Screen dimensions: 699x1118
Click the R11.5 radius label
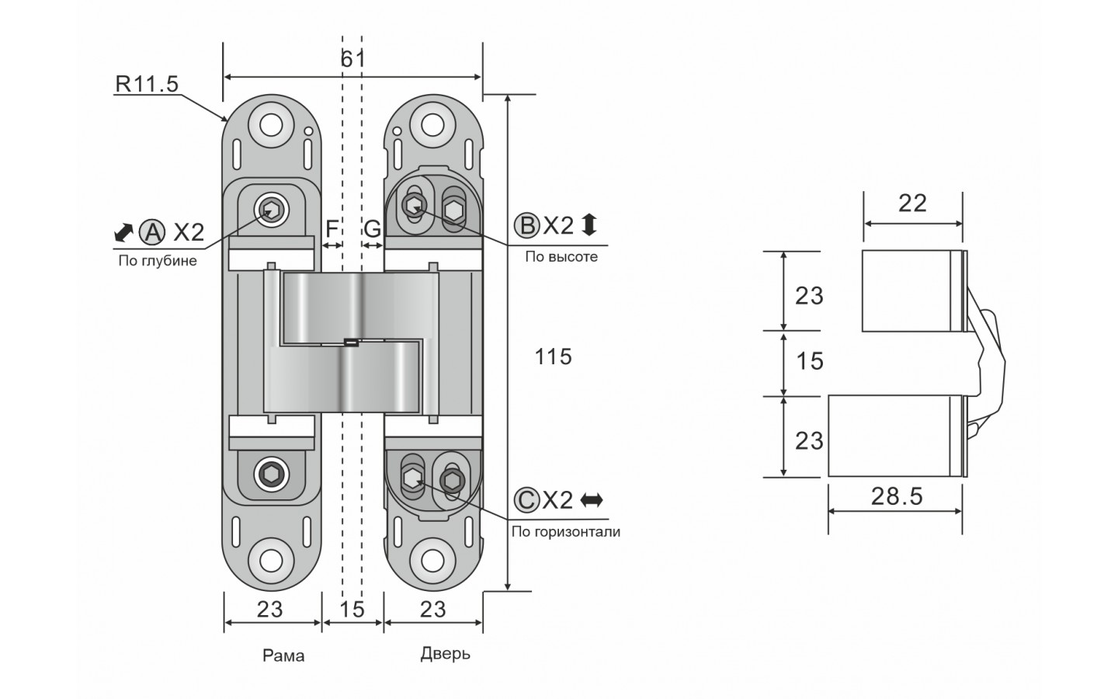coord(147,84)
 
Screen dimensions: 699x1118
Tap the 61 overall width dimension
coord(352,59)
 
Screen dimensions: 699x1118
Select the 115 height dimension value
coord(554,356)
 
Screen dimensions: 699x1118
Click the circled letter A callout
coord(153,231)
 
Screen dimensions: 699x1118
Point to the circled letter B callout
coord(526,225)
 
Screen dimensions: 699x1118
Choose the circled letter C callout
coord(527,499)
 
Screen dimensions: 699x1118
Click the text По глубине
coord(158,260)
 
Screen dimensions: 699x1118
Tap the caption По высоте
coord(561,256)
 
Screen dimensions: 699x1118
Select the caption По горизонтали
coord(565,532)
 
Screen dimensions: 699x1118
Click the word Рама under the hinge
coord(283,656)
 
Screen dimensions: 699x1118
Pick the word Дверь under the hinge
coord(446,653)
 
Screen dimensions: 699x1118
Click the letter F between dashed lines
coord(332,228)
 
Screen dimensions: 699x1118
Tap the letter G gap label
coord(373,228)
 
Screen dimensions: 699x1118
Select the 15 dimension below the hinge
coord(352,609)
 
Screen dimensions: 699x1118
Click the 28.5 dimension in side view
coord(897,496)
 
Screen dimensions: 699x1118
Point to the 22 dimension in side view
coord(912,203)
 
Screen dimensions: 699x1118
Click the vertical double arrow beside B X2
coord(589,225)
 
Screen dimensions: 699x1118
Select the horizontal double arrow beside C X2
coord(592,499)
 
